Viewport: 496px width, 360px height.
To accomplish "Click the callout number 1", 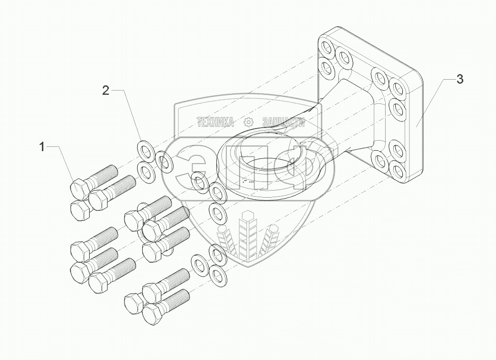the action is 43,147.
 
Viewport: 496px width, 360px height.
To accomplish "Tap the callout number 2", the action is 105,91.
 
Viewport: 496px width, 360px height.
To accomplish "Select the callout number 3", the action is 459,79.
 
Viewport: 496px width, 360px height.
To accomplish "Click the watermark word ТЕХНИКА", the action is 215,122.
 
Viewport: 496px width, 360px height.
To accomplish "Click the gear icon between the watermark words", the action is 248,122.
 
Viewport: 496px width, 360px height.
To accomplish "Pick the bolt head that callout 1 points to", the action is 79,189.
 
